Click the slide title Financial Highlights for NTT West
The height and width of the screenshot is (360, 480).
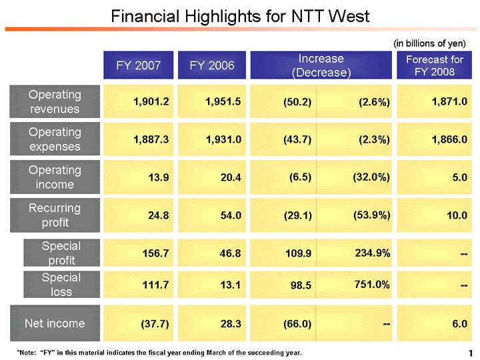pos(240,15)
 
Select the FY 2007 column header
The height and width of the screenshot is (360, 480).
pos(138,65)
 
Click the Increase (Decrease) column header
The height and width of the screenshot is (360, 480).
pos(321,65)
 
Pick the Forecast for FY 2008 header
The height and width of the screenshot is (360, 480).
pos(434,65)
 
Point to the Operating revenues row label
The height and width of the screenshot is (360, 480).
pos(55,101)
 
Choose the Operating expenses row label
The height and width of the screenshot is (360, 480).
pos(55,139)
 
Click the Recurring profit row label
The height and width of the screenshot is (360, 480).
pos(55,214)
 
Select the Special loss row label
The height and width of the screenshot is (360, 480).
pos(61,284)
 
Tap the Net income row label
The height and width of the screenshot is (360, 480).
pos(55,323)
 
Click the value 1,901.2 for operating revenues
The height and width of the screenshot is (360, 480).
pos(151,101)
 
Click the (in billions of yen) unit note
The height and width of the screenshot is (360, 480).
pos(429,43)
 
